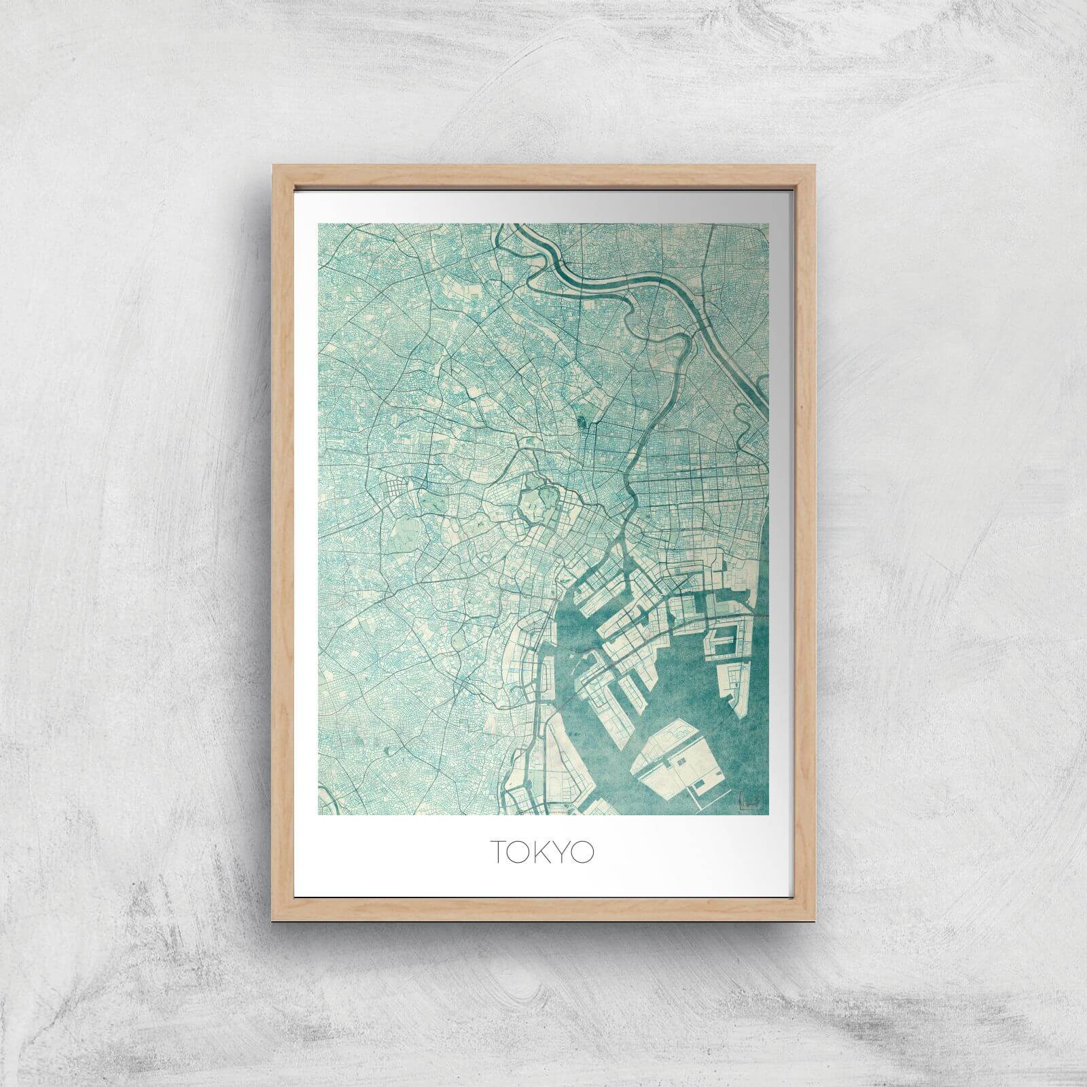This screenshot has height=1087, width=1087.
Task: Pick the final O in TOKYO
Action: (584, 852)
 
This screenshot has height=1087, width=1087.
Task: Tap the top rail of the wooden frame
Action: (543, 170)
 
